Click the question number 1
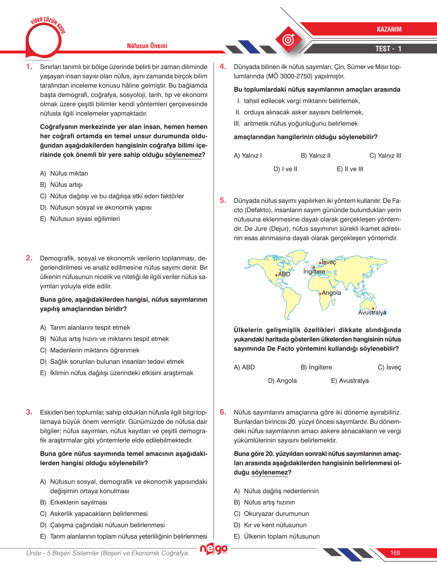[29, 66]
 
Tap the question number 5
[223, 200]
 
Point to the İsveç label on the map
[329, 262]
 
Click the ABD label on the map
[284, 274]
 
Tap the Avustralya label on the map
[372, 313]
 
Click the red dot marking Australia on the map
[373, 308]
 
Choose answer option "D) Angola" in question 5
[282, 381]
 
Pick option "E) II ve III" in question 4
[350, 169]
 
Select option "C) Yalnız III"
[385, 156]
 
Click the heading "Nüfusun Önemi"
[147, 46]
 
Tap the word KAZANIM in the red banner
[389, 29]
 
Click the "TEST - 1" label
[388, 49]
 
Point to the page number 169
[395, 553]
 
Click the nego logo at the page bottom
[214, 549]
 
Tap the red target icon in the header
[288, 39]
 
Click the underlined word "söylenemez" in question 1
[183, 155]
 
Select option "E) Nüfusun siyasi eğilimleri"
[80, 219]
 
